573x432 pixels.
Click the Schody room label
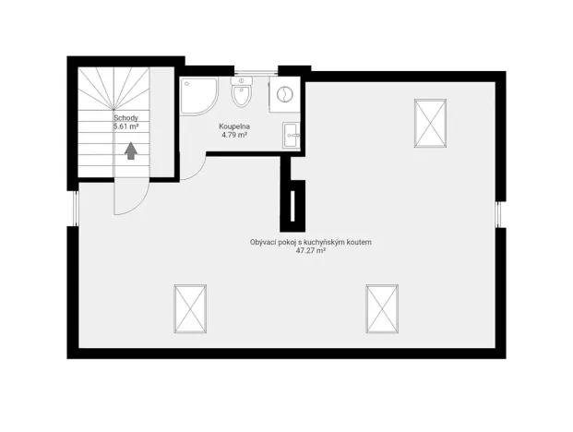pos(126,118)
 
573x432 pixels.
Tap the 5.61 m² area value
pos(126,126)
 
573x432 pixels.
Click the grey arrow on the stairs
pos(130,150)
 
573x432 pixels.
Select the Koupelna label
pos(234,126)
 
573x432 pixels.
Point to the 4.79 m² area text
pos(234,135)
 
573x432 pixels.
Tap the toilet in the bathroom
pos(242,95)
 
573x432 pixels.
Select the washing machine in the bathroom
pos(284,94)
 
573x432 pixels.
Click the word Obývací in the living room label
pos(266,242)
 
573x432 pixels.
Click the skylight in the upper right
pos(430,122)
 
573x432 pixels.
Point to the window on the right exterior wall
pos(501,214)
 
